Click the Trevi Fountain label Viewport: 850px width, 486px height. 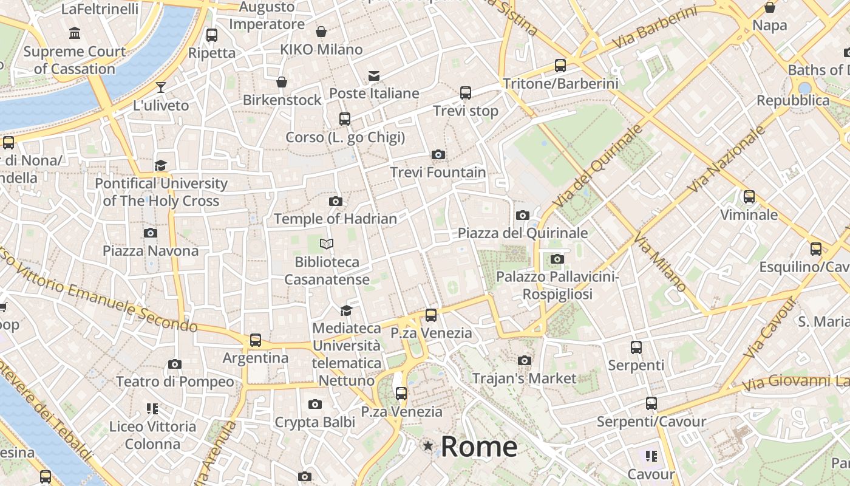coord(438,173)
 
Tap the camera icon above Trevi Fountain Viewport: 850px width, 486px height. coord(438,155)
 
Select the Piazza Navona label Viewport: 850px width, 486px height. coord(150,250)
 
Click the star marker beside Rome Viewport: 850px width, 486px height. coord(428,447)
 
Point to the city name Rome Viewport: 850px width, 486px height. coord(479,447)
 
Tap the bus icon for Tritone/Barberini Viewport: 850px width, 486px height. coord(560,66)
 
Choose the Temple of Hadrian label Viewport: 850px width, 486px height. coord(335,219)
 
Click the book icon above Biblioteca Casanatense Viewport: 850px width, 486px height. coord(327,244)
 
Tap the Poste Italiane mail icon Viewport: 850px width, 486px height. coord(373,76)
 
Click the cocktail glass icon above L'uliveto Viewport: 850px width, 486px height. coord(161,87)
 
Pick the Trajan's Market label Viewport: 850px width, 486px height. coord(525,378)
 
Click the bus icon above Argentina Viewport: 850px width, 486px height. coord(255,340)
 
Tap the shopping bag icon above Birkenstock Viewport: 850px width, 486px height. coord(282,82)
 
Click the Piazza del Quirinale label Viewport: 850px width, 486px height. coord(522,233)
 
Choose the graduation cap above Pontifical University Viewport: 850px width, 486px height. coord(160,165)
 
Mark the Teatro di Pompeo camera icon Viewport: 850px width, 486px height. coord(175,364)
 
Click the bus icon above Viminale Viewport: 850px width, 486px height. coord(749,197)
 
